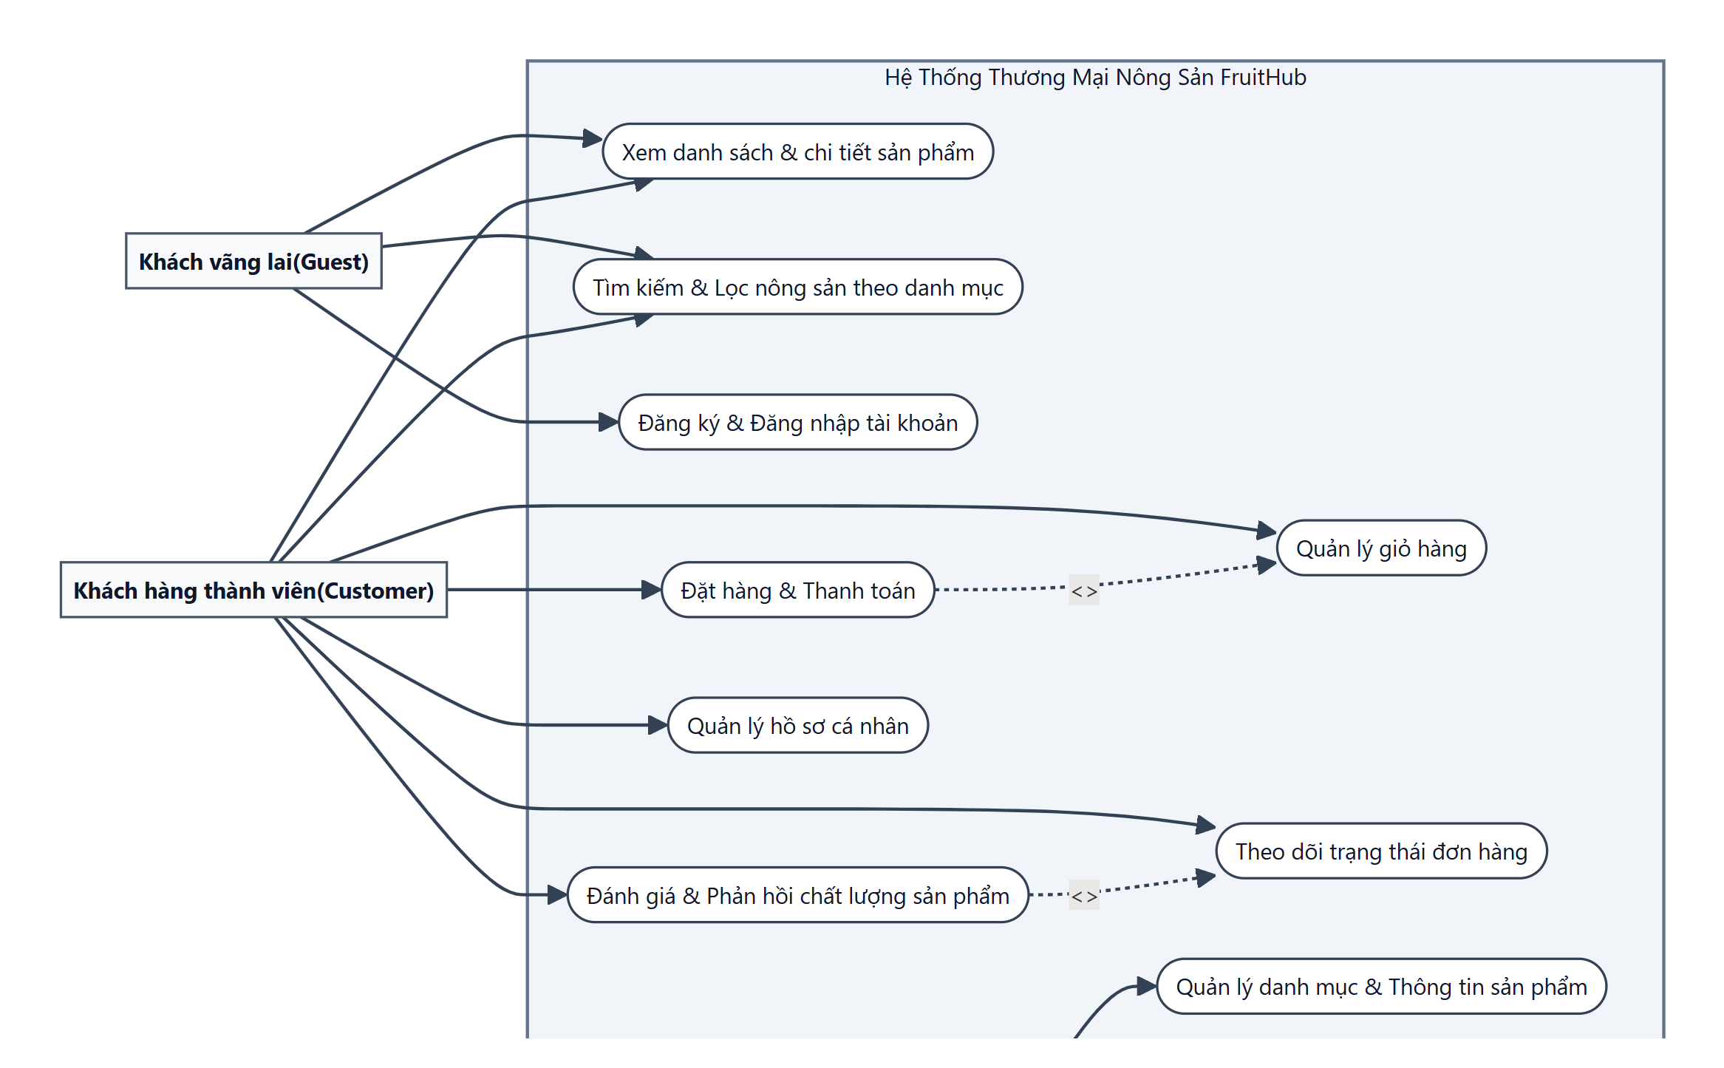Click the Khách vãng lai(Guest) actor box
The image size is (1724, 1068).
(x=253, y=261)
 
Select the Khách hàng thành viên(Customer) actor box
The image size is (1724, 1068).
(x=253, y=590)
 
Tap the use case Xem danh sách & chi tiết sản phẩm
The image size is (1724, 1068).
(x=798, y=152)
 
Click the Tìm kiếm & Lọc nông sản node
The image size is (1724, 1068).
(x=798, y=287)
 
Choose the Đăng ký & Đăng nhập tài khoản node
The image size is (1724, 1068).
(x=798, y=422)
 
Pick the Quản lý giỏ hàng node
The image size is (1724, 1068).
(x=1381, y=548)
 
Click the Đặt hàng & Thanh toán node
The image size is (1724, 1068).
(x=798, y=590)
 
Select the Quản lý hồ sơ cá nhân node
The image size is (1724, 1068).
(x=798, y=725)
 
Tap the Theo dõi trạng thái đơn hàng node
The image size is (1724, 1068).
(x=1381, y=851)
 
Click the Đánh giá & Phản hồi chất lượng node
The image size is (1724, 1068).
(x=798, y=895)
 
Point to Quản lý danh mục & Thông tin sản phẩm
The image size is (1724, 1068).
(x=1381, y=986)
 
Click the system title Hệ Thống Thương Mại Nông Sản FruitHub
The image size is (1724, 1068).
(x=1095, y=77)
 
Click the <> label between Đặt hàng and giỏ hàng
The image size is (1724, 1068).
(x=1084, y=591)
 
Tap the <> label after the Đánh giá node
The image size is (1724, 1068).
(x=1084, y=896)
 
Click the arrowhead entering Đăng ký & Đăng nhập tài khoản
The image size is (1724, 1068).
(x=609, y=422)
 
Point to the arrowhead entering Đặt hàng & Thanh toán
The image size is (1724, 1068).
(x=652, y=590)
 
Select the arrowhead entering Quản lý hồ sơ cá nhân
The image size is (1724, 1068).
(x=658, y=725)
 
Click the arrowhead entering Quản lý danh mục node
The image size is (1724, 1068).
(x=1147, y=986)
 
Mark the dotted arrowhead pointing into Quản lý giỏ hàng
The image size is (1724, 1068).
(x=1267, y=565)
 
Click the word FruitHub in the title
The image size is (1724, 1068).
(x=1264, y=77)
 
